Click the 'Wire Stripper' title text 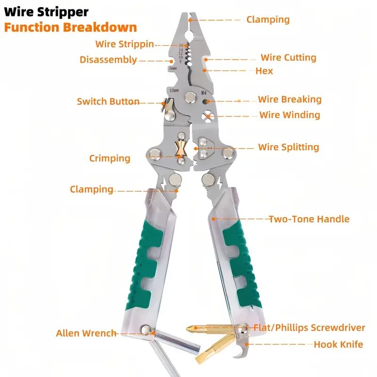pos(46,10)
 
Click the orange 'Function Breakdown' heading pos(70,27)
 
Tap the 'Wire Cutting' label pos(288,58)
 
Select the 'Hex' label pos(264,71)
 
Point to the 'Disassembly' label pos(108,60)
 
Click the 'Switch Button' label pos(108,101)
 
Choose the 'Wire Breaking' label pos(289,99)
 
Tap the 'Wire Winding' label pos(289,115)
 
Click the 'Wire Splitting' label pos(288,147)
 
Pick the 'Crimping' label pos(109,158)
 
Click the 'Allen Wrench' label pos(86,333)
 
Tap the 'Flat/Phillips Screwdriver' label pos(309,328)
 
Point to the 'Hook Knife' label pos(338,344)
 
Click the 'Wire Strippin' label pos(124,44)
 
